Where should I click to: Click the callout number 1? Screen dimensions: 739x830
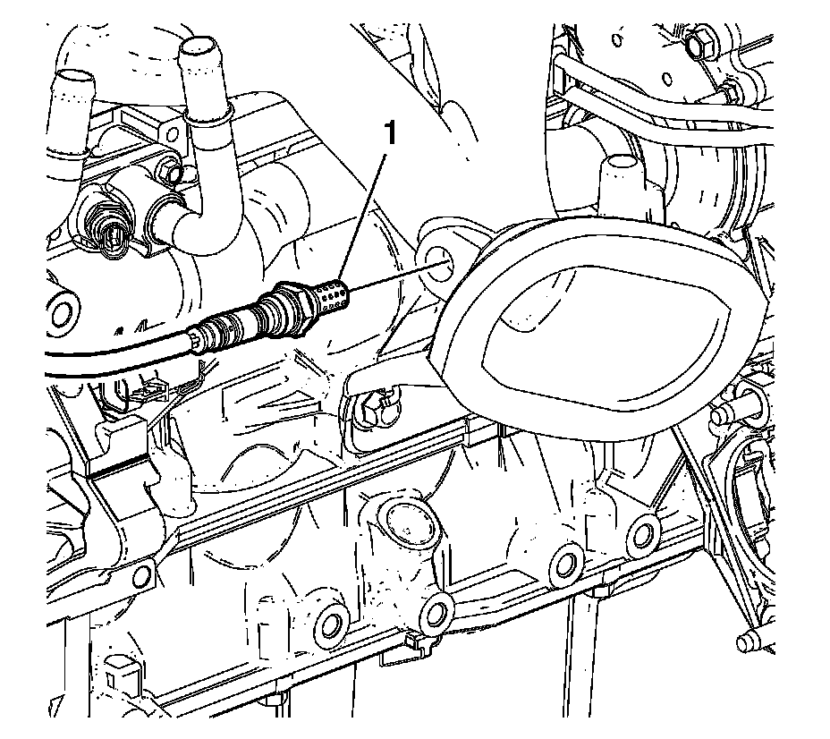point(387,135)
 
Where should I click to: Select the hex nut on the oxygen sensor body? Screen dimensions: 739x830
point(293,303)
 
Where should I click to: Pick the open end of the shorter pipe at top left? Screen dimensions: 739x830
point(75,86)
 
